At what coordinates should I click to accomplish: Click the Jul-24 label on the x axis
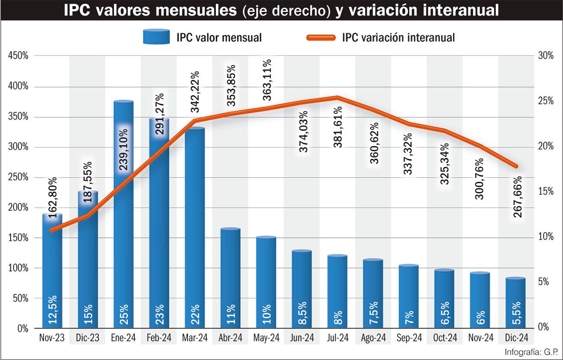pyautogui.click(x=337, y=338)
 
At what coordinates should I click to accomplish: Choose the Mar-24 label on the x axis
pyautogui.click(x=194, y=338)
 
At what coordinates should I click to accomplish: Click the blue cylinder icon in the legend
pyautogui.click(x=156, y=37)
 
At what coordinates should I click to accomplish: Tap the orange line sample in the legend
pyautogui.click(x=321, y=37)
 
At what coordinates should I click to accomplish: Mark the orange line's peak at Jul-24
pyautogui.click(x=337, y=97)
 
